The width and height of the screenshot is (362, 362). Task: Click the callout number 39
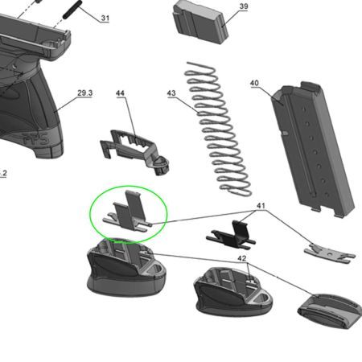tap(244, 6)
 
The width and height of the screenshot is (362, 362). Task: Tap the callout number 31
tap(105, 18)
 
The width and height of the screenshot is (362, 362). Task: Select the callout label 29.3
tap(84, 93)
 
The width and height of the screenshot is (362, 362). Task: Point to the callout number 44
tap(120, 93)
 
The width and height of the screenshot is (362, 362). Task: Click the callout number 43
tap(171, 93)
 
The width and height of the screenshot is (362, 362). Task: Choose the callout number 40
tap(254, 83)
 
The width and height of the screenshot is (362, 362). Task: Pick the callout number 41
tap(261, 206)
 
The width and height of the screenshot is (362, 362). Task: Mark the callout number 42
tap(242, 258)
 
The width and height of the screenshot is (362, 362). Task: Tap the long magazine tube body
tap(312, 149)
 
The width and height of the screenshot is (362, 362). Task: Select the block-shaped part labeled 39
tap(200, 22)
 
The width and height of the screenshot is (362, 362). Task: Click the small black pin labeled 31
tap(72, 10)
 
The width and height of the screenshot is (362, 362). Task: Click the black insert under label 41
tap(231, 234)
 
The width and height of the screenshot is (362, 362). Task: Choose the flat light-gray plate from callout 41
tap(330, 253)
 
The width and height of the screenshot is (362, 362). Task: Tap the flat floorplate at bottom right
tap(330, 311)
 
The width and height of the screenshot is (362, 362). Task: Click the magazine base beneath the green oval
tap(126, 268)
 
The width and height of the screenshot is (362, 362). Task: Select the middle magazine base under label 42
tap(232, 291)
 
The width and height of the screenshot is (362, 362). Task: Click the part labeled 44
tap(134, 151)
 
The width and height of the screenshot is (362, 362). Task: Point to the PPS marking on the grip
tap(36, 139)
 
